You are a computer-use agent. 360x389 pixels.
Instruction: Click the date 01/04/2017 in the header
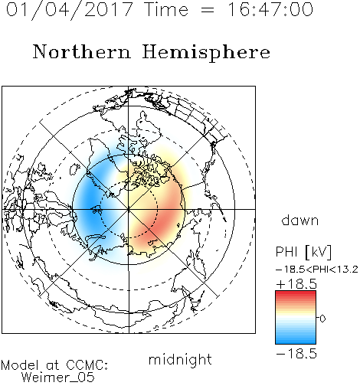[x=70, y=10]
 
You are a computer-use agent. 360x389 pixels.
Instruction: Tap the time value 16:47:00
[x=270, y=9]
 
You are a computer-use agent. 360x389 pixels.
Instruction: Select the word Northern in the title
[x=82, y=51]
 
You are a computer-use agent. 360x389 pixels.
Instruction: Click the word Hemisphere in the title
[x=206, y=52]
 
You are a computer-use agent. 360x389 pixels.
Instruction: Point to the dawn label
[x=300, y=221]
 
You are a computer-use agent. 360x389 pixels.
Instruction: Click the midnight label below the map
[x=180, y=360]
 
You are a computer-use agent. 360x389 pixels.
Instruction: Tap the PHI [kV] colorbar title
[x=303, y=252]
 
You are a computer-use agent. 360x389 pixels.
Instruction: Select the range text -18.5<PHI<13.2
[x=317, y=270]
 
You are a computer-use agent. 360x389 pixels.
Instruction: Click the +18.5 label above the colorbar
[x=296, y=284]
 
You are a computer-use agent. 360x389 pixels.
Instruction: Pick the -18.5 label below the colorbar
[x=296, y=354]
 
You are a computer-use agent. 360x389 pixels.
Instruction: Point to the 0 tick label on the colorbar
[x=322, y=319]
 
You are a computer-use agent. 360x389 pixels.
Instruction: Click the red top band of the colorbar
[x=296, y=294]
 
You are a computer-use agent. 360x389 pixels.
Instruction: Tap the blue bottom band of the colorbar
[x=296, y=341]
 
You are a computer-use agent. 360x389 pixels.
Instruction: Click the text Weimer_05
[x=58, y=378]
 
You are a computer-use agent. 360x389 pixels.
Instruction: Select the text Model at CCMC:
[x=54, y=365]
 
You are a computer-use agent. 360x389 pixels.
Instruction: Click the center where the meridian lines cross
[x=129, y=210]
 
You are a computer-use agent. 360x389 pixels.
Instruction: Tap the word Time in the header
[x=166, y=9]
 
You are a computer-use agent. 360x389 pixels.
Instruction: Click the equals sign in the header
[x=208, y=10]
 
